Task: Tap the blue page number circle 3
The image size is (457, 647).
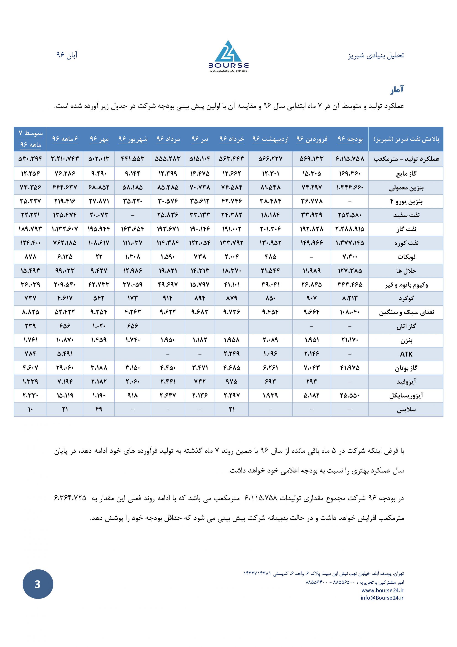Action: point(38,584)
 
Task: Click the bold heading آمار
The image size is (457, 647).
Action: point(397,90)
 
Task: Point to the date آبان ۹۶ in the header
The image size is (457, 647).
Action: point(67,55)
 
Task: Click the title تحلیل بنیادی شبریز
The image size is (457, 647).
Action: point(376,56)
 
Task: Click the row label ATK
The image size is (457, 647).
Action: point(406,354)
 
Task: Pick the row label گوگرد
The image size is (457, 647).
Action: point(406,298)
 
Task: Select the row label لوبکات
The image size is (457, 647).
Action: point(406,257)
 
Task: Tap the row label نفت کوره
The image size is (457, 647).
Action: point(406,243)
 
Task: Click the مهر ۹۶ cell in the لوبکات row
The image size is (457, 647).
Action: point(99,257)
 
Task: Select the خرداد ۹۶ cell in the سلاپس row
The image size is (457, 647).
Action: point(231,409)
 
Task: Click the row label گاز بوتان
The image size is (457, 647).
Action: point(406,368)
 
